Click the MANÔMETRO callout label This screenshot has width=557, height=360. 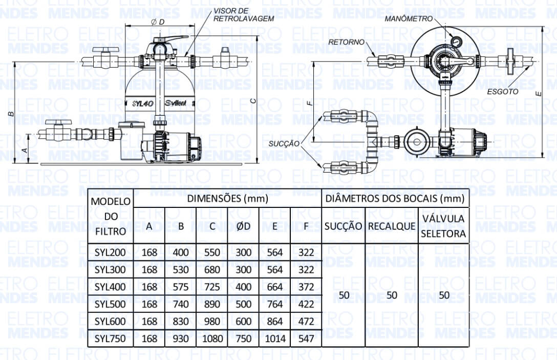point(409,18)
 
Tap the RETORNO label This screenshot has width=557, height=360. point(347,42)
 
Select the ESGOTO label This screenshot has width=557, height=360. point(503,92)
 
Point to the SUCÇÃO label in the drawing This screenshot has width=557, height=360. point(284,143)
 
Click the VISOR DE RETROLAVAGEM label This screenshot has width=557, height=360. point(244,15)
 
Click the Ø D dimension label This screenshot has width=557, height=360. point(158,22)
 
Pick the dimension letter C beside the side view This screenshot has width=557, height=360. point(253,101)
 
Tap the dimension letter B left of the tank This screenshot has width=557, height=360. point(11,114)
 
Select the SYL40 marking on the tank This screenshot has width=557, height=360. point(143,104)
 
